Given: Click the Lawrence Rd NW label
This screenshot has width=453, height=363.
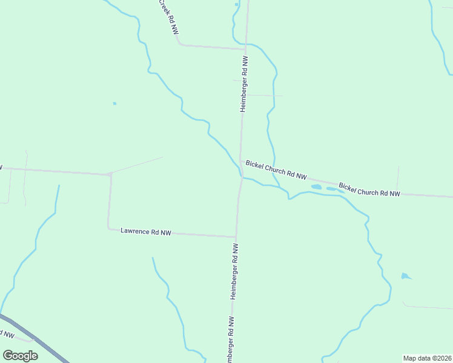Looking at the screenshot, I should (x=146, y=232).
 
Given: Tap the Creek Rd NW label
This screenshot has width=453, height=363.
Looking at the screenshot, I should (x=169, y=16).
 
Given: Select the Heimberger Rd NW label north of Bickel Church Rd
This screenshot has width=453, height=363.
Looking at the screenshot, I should (x=244, y=84).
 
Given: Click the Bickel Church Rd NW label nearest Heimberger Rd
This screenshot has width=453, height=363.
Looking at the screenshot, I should (x=276, y=169).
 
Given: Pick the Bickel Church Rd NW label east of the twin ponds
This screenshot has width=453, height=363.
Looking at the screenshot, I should (x=369, y=189).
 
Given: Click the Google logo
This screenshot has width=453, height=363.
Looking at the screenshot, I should (x=20, y=355).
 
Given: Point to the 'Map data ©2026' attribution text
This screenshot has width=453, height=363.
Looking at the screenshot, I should (x=427, y=358).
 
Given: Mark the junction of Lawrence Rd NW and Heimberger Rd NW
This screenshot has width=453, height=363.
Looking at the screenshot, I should (x=236, y=237).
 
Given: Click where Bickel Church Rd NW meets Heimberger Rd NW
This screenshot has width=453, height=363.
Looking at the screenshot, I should (x=241, y=161).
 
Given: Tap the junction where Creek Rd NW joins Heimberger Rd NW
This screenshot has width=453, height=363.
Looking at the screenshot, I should (x=245, y=48).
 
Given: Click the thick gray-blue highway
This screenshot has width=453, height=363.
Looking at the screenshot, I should (x=36, y=339).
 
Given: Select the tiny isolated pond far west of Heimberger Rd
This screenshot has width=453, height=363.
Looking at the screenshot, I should (x=114, y=103).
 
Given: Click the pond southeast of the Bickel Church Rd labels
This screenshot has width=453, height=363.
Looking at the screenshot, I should (x=405, y=276).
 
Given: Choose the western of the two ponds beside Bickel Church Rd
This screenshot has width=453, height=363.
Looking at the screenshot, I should (x=316, y=187).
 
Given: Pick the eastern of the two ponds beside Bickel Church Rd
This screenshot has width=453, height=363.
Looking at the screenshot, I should (x=331, y=189).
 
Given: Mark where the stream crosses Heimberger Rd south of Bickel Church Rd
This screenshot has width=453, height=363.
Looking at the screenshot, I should (x=241, y=178).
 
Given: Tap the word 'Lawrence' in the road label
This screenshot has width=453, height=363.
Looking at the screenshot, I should (x=135, y=231).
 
